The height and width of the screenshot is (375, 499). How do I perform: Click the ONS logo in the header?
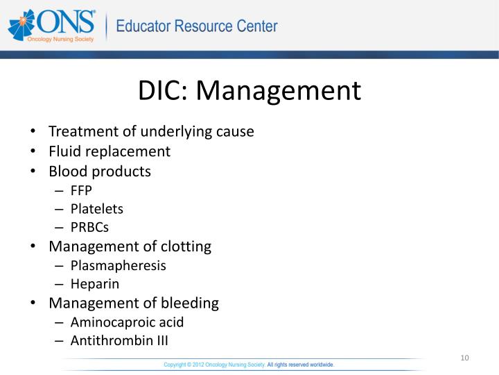pyautogui.click(x=51, y=27)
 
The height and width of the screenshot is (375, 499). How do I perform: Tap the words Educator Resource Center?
pyautogui.click(x=196, y=27)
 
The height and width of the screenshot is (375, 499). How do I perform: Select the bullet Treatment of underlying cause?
pyautogui.click(x=151, y=131)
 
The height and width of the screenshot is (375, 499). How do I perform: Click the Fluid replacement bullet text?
pyautogui.click(x=109, y=151)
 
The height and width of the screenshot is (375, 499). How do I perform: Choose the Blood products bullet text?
pyautogui.click(x=100, y=171)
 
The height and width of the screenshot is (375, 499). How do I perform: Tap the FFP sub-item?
pyautogui.click(x=81, y=190)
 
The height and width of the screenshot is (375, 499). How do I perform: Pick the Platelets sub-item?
pyautogui.click(x=96, y=208)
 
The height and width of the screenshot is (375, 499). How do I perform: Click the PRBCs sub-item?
pyautogui.click(x=89, y=227)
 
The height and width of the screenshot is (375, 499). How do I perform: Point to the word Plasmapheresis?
pyautogui.click(x=118, y=265)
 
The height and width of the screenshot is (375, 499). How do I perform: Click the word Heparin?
pyautogui.click(x=95, y=284)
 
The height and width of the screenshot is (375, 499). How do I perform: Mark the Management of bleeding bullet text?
pyautogui.click(x=134, y=303)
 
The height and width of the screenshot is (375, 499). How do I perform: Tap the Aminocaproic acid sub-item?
pyautogui.click(x=127, y=322)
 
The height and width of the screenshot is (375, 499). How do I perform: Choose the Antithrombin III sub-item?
pyautogui.click(x=119, y=341)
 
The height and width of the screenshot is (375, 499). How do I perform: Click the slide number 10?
pyautogui.click(x=464, y=358)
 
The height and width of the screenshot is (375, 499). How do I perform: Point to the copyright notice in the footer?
pyautogui.click(x=249, y=364)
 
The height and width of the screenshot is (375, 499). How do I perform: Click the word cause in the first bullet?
pyautogui.click(x=236, y=131)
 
